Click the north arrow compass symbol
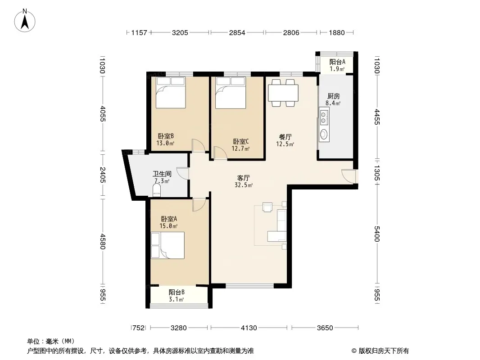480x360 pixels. point(25,21)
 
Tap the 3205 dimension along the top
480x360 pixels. point(180,33)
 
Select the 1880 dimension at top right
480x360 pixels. point(337,33)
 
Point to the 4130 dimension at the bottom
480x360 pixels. point(249,328)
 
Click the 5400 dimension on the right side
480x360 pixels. point(377,234)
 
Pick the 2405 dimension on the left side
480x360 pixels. point(103,175)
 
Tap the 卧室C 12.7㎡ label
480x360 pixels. point(240,145)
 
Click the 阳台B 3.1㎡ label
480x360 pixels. point(177,296)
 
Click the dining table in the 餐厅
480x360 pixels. point(283,93)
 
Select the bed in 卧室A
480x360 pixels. point(168,245)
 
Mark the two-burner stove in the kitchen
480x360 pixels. point(324,117)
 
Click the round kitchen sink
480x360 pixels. point(324,134)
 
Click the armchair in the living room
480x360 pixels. point(267,207)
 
